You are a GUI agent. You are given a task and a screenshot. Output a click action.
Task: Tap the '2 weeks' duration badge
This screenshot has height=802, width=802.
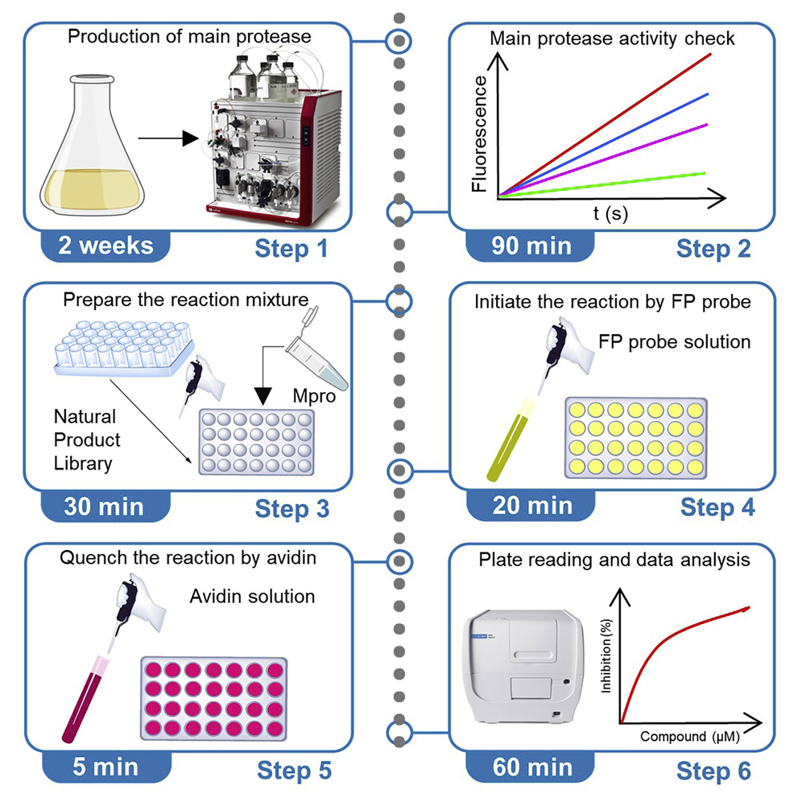[x=105, y=245]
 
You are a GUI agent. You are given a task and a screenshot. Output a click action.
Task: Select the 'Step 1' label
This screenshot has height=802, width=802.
[x=291, y=248]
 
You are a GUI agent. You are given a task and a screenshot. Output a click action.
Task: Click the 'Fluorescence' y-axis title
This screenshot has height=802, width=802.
[x=480, y=133]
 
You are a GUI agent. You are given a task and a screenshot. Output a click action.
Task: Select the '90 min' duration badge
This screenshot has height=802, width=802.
[x=531, y=246]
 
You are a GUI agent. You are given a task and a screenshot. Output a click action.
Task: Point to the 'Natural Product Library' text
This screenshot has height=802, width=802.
[x=87, y=440]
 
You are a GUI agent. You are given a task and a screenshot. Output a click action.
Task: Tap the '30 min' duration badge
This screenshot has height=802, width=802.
[x=105, y=506]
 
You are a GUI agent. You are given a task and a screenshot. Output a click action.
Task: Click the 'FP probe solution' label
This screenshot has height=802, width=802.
[x=674, y=341]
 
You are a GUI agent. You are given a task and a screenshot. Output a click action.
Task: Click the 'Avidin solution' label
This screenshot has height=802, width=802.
[x=252, y=597]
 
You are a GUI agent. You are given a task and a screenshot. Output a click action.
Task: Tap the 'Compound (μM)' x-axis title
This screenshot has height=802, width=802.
[x=690, y=735]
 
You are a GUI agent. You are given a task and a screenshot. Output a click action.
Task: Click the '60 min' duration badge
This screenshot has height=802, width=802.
[x=531, y=767]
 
